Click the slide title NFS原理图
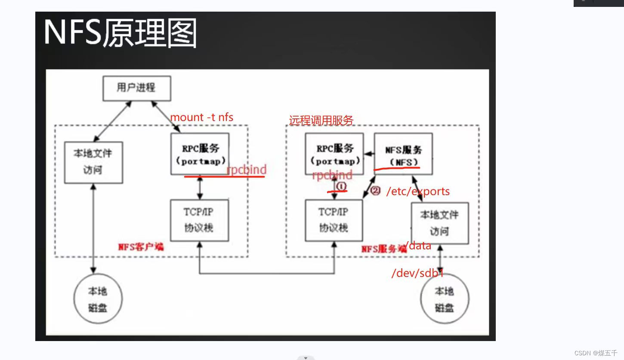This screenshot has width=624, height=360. coord(120,33)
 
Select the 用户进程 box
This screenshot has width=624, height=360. coord(136,88)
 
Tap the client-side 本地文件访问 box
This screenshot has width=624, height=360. coord(93,162)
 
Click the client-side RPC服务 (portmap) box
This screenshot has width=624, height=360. coord(200,154)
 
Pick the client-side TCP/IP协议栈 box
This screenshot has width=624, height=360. coord(199,220)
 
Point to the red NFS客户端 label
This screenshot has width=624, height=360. coord(141,247)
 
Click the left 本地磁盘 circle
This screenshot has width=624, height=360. coord(98,299)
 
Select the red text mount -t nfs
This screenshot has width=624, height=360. coord(202,117)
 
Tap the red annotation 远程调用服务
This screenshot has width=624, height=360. coord(321,121)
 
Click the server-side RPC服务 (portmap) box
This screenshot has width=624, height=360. coord(334,154)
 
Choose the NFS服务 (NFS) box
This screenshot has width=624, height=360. coord(403,154)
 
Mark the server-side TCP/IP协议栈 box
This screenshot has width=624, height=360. coord(334,220)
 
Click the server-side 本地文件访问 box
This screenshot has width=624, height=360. coord(439,223)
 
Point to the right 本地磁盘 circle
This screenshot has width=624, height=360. coord(445,299)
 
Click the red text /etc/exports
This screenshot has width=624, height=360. coord(418,192)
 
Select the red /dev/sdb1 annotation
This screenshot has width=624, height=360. coord(417,273)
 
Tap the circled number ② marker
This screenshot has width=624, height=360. coord(375,190)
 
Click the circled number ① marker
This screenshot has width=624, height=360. coord(341,186)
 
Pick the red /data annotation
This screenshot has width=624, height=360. coord(419,246)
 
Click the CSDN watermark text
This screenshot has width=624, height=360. coord(596,353)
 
